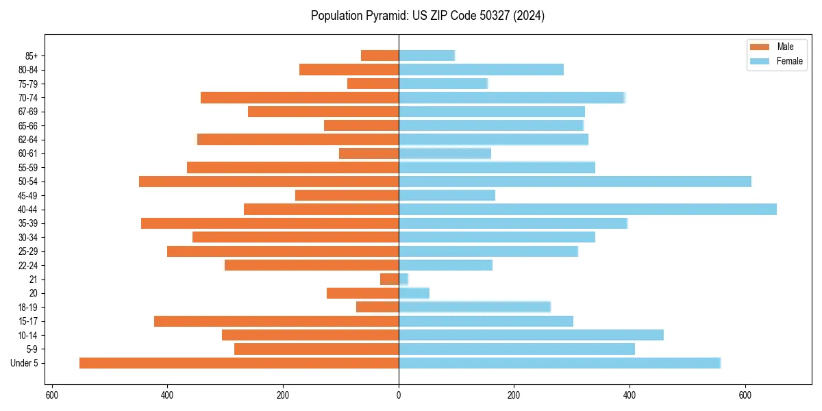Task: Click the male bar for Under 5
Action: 239,363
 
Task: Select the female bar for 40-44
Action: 588,210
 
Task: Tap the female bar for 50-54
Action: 575,182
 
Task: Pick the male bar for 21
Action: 390,279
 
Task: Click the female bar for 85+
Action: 427,55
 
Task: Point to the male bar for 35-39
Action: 270,223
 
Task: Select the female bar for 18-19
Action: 475,307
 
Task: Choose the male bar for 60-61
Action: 369,153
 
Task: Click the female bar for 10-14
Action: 531,335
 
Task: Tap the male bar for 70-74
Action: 300,97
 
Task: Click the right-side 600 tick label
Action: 745,395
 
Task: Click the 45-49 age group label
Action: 28,195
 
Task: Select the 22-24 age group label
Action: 28,265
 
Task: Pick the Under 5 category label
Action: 25,363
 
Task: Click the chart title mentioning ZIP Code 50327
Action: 427,16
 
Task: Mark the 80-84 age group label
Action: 28,70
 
